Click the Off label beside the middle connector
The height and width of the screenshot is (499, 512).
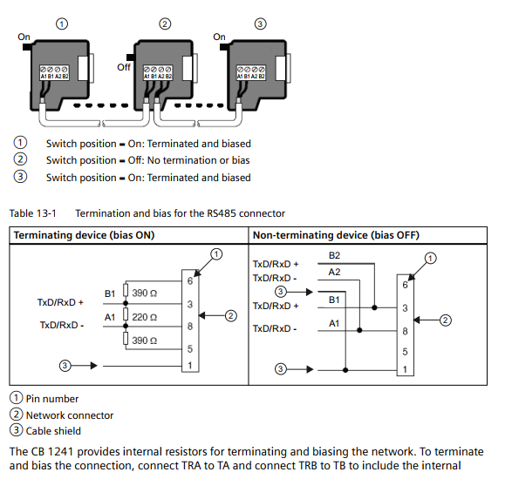point(124,67)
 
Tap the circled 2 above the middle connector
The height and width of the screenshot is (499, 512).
point(165,24)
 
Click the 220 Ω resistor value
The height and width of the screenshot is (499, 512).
point(144,317)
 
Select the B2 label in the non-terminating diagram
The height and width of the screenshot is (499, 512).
point(334,255)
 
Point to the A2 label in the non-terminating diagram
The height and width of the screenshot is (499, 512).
point(334,272)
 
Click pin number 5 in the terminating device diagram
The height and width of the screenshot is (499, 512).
point(190,348)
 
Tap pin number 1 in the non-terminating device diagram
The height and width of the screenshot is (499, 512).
point(405,369)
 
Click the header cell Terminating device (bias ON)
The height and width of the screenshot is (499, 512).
point(84,235)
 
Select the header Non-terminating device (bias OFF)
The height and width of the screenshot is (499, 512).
point(336,235)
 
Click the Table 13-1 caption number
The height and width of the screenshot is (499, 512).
point(32,213)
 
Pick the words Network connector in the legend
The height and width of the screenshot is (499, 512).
point(70,415)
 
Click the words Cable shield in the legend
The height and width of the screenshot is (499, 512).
point(53,431)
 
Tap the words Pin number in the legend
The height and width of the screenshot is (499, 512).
point(52,399)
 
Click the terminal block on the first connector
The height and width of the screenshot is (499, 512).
point(54,72)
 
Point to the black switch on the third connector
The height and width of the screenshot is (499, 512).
point(224,47)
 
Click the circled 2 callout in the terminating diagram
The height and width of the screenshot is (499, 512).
point(231,316)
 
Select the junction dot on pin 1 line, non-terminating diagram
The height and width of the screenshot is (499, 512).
point(345,370)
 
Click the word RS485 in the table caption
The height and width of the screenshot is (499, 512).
point(222,213)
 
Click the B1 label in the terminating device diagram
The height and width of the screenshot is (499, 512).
point(110,293)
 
